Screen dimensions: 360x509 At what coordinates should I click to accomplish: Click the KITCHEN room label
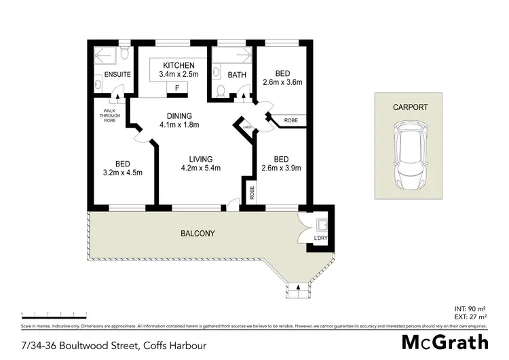178,65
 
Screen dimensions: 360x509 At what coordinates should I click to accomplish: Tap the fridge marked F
178,88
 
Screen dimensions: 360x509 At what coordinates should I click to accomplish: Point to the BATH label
236,75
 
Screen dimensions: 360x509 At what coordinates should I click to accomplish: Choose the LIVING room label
202,159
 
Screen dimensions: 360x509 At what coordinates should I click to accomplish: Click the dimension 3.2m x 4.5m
122,173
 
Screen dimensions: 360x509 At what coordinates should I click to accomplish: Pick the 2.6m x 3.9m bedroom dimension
281,168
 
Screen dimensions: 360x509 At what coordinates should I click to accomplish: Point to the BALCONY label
197,234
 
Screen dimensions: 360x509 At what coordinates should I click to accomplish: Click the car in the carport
411,158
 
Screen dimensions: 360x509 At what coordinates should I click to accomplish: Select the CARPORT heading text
411,107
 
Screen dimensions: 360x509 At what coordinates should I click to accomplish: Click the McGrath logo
445,342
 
